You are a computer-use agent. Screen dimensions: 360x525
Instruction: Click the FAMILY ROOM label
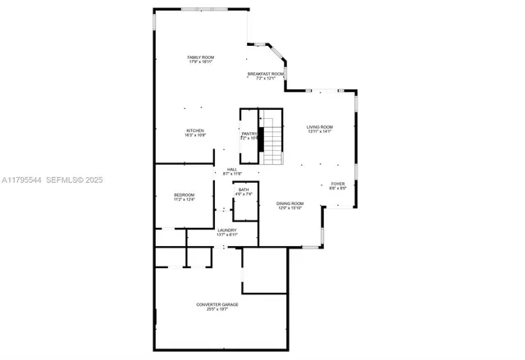point(200,57)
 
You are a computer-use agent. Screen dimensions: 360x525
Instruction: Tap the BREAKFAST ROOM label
point(266,74)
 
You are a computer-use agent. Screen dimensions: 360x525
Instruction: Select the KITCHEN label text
point(194,130)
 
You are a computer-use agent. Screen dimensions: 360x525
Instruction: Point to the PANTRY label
point(249,134)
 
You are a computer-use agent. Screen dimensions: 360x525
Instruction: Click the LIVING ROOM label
point(319,126)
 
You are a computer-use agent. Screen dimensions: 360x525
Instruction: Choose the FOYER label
point(338,184)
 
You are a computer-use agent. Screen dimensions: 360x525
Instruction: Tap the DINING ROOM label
point(290,203)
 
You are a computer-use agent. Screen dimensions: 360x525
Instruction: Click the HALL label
point(232,170)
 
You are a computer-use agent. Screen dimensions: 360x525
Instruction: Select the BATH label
point(244,189)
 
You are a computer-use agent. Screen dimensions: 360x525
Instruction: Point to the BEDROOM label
point(184,195)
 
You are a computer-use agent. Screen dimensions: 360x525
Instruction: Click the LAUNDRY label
point(226,230)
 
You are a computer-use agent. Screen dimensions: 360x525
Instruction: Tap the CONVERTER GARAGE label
point(217,304)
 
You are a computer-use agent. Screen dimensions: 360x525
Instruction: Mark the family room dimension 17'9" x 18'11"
point(200,62)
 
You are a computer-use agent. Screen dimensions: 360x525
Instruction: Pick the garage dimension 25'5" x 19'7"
point(217,310)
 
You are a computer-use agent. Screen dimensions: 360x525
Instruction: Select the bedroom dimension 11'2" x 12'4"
point(184,200)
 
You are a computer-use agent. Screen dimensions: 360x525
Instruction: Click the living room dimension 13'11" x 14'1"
point(319,131)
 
